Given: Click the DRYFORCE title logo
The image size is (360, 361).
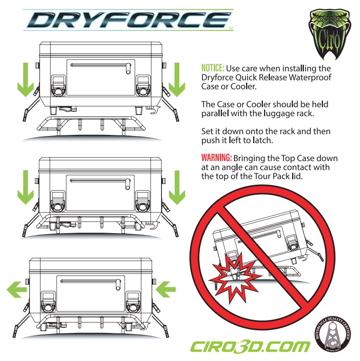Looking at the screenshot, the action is click(128, 20).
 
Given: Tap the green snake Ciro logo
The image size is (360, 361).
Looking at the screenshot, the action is click(330, 34).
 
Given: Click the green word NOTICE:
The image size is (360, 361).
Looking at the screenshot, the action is click(213, 68).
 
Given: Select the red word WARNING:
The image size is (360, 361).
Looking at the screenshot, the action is click(216, 158).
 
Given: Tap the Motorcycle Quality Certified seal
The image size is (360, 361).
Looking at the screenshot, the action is click(333, 334).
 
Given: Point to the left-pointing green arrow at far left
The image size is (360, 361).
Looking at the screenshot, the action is click(17, 290).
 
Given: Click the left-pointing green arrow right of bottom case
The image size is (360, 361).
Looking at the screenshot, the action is click(165, 289).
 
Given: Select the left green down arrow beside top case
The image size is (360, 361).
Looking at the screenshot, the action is click(26, 80).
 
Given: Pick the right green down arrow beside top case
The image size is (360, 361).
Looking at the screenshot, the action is click(177, 80).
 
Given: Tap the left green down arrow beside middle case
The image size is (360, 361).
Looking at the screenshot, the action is click(26, 188).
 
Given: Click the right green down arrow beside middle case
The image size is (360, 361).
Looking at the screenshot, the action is click(177, 188).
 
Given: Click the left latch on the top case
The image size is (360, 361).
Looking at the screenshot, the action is click(58, 85).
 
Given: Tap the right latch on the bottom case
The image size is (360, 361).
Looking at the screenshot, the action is click(133, 302).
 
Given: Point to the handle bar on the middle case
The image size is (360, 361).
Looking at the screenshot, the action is click(100, 182).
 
